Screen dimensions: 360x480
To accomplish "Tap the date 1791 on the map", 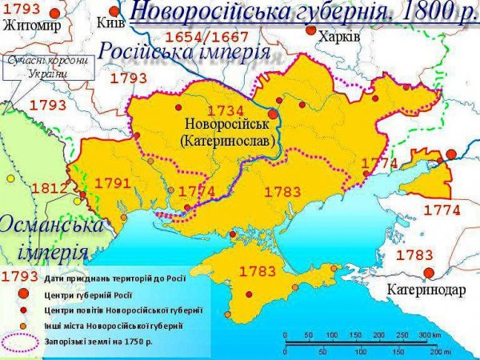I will (x=112, y=183).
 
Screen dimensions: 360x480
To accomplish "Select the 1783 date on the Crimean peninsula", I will (x=257, y=271).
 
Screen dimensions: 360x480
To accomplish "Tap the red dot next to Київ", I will (x=114, y=11).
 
